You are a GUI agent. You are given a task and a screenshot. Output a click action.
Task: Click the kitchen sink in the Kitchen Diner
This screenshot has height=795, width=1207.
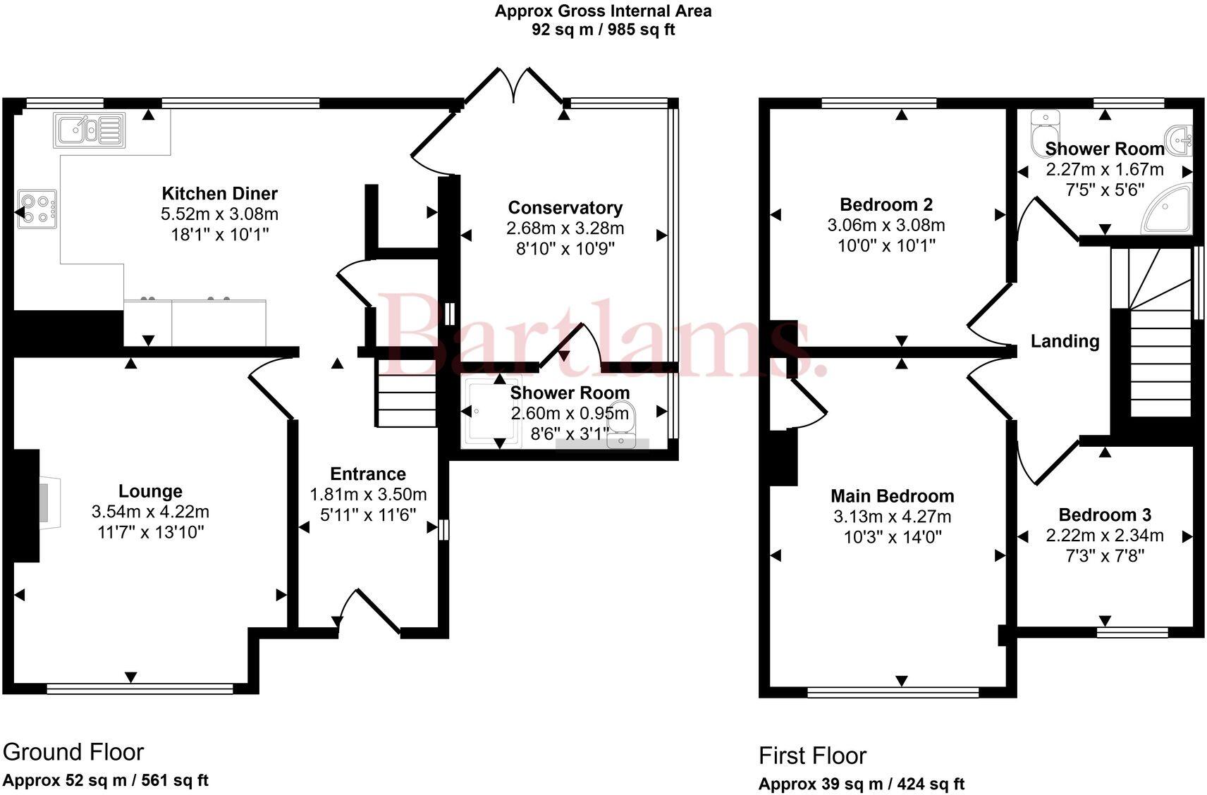[x=89, y=130]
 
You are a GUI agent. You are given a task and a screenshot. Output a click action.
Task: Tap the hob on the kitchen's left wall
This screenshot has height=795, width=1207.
[x=37, y=209]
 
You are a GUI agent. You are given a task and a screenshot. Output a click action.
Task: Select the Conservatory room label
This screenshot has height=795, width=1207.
[x=565, y=208]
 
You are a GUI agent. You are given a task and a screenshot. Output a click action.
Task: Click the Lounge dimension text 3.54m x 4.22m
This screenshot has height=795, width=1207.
[x=150, y=512]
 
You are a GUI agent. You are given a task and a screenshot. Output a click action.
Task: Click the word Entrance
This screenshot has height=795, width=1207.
[x=368, y=474]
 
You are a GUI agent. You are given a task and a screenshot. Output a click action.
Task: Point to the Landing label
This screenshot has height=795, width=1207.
[x=1065, y=342]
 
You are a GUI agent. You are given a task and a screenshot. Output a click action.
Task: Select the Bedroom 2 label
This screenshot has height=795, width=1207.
[x=886, y=205]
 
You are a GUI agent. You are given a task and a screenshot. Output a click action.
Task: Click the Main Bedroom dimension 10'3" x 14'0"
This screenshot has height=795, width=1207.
[x=893, y=537]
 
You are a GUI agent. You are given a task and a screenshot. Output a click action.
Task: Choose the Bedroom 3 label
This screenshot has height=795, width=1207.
[x=1105, y=515]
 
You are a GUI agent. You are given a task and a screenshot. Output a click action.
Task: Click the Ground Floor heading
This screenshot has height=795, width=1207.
[x=73, y=752]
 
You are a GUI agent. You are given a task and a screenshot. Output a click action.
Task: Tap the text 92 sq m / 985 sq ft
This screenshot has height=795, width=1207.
[x=603, y=30]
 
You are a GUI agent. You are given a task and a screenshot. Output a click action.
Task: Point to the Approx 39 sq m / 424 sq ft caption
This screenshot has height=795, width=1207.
[x=862, y=784]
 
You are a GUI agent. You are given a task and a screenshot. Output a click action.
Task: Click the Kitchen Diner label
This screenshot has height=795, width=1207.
[x=220, y=194]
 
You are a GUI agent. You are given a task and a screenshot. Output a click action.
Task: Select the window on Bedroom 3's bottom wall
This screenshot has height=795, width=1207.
[x=1132, y=631]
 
